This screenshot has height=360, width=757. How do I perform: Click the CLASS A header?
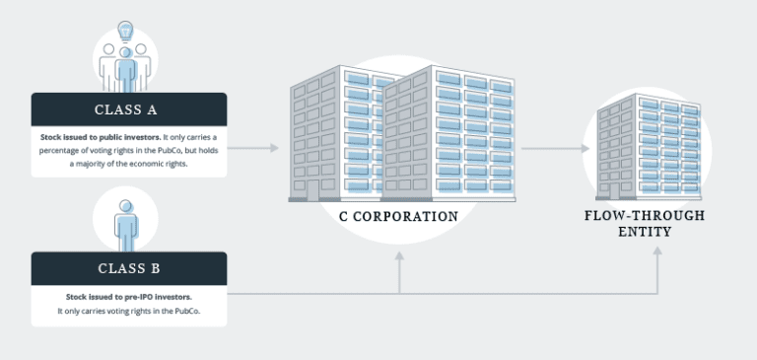(x=129, y=109)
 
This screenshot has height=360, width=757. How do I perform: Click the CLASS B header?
(x=129, y=268)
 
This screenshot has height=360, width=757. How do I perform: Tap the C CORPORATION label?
(x=392, y=216)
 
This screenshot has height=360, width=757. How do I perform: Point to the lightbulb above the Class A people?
(x=125, y=31)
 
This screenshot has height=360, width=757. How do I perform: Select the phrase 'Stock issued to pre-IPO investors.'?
(x=129, y=296)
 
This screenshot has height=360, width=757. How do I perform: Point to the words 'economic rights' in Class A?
(x=157, y=164)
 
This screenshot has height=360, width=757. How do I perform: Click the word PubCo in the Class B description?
(x=188, y=311)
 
